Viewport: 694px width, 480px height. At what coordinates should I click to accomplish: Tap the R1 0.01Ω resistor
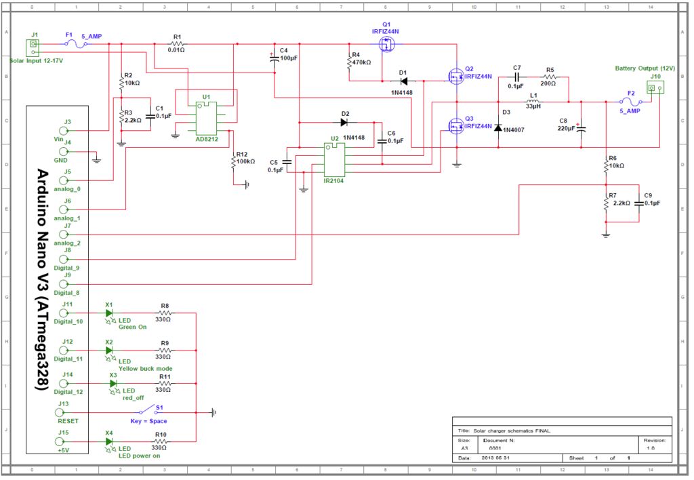pos(177,44)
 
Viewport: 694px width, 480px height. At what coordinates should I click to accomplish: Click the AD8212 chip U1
pos(207,119)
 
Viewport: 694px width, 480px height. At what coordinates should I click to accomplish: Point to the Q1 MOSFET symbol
pos(386,44)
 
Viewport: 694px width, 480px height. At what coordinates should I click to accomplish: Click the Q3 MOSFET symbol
pos(455,125)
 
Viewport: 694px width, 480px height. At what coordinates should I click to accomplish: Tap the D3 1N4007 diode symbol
pos(498,127)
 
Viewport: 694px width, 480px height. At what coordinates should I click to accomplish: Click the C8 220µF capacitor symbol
pos(581,128)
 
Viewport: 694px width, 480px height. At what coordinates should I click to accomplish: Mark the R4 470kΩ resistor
pos(349,63)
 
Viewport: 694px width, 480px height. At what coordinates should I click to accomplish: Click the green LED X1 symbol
pos(108,313)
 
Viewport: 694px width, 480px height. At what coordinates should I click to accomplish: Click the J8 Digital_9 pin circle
pos(64,259)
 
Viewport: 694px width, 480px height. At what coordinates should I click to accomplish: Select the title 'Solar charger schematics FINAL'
pos(512,431)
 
